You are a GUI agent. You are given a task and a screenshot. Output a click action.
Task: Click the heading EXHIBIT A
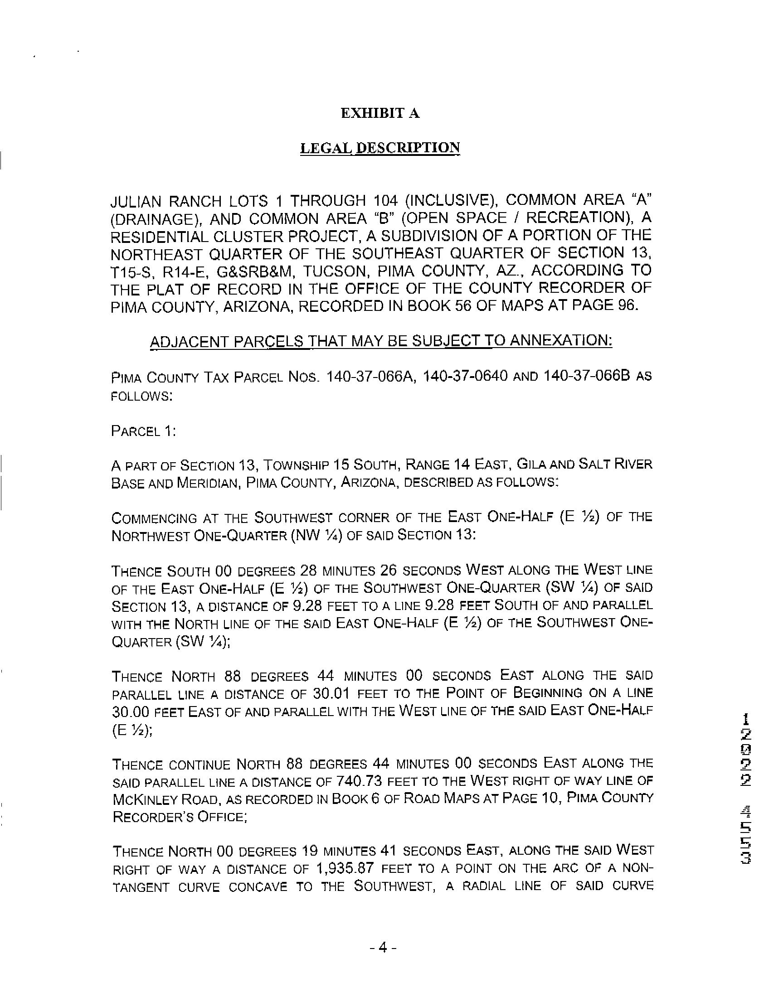(380, 113)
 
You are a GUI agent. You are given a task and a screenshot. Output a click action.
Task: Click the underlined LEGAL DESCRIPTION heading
(380, 148)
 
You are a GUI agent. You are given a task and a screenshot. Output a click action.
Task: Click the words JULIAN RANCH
(166, 201)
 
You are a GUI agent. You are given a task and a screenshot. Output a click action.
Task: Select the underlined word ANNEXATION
(561, 340)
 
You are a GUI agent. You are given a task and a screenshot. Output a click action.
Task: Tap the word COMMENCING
(154, 518)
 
